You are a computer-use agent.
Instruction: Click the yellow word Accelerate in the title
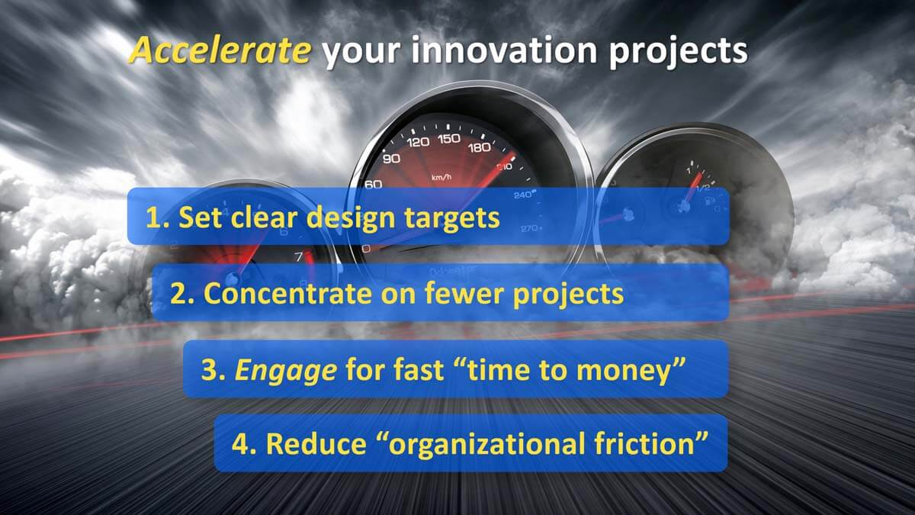(220, 50)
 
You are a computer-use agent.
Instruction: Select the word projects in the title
(678, 53)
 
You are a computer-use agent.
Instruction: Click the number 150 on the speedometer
(449, 139)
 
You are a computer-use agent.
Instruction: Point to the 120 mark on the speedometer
(418, 142)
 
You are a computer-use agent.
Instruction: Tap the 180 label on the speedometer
(480, 147)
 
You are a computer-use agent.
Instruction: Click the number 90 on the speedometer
(391, 159)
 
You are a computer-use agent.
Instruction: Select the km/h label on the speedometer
(441, 177)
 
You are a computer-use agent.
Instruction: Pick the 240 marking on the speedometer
(523, 195)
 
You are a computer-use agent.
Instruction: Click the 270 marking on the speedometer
(529, 228)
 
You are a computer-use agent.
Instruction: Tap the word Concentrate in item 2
(287, 294)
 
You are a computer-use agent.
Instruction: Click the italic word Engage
(286, 371)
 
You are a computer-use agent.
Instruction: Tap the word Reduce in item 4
(316, 444)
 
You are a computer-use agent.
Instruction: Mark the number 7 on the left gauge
(299, 256)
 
